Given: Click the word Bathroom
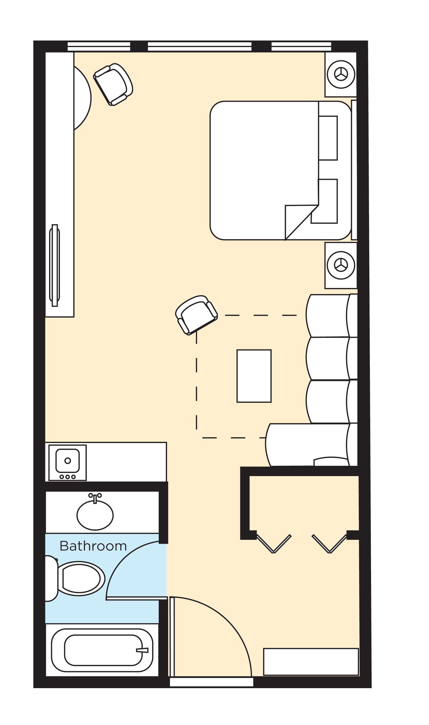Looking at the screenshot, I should [x=93, y=546].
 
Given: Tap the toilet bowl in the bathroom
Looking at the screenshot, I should [x=82, y=578].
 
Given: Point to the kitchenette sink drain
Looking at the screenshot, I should [x=68, y=460].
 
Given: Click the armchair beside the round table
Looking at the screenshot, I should [x=113, y=84].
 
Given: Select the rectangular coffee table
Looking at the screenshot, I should [x=254, y=376].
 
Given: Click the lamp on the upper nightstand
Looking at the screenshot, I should [x=341, y=74].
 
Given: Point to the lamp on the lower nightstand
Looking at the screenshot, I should [x=341, y=265].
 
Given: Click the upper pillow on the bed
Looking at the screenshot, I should [x=328, y=138].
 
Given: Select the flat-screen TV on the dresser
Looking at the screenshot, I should [x=55, y=265].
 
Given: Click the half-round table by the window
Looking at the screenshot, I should [x=82, y=98].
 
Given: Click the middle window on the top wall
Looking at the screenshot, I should [x=200, y=46].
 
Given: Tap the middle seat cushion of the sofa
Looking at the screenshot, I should [x=328, y=358].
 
